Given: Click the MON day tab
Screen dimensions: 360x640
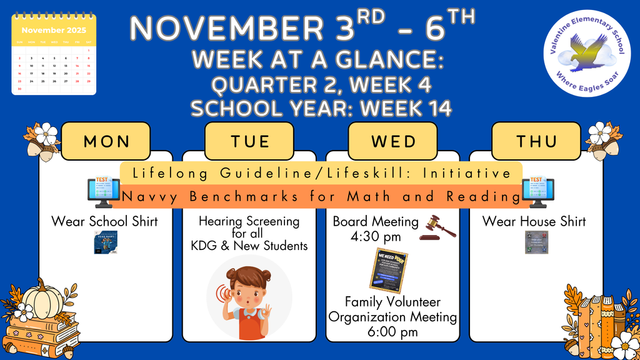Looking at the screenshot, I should pyautogui.click(x=106, y=141).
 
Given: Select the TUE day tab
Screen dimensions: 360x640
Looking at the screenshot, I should pyautogui.click(x=249, y=141).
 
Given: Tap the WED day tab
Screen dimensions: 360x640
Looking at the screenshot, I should pyautogui.click(x=393, y=141).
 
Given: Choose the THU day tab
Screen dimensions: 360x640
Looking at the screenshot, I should pyautogui.click(x=536, y=141).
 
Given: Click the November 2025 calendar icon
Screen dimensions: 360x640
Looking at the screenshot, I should pyautogui.click(x=54, y=56).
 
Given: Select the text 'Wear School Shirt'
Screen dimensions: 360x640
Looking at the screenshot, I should pyautogui.click(x=105, y=221).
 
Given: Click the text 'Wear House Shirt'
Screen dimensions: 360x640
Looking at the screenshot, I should pyautogui.click(x=534, y=221).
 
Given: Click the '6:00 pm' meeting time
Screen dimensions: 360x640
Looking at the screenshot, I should pyautogui.click(x=392, y=332).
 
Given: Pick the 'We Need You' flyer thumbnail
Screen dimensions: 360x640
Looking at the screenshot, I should pyautogui.click(x=388, y=271).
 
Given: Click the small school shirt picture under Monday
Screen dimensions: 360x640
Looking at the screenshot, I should pyautogui.click(x=106, y=242).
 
